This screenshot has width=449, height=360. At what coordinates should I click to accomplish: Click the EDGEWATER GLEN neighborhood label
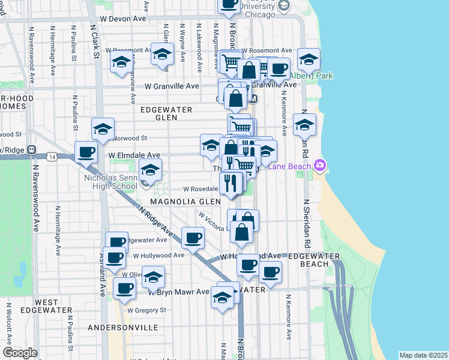point(166,114)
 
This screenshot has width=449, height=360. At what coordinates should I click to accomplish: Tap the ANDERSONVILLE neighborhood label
point(122,328)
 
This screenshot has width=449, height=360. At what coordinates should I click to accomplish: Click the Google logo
point(19,353)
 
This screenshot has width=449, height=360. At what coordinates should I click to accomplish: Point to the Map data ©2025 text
point(423,355)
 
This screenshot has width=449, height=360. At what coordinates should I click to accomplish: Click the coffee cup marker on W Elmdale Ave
point(86,152)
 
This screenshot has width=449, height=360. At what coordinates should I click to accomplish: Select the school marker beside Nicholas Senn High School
point(151,170)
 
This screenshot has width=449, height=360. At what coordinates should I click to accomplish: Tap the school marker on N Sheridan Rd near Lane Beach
point(304,125)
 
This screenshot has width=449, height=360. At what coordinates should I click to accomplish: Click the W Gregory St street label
point(146,310)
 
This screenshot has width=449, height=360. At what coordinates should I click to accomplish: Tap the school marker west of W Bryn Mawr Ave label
point(153,277)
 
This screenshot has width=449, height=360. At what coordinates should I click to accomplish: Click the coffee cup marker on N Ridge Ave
point(193,239)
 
